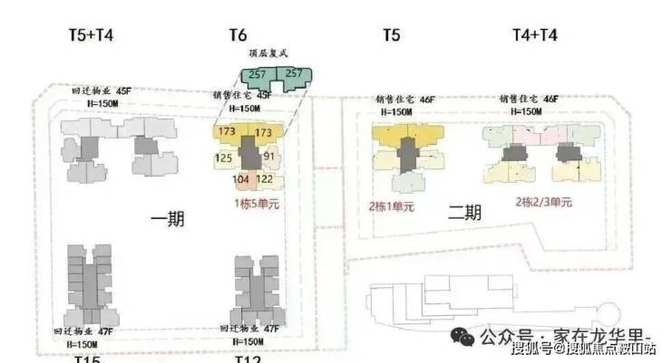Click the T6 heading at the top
tap(238, 35)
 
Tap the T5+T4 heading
tap(92, 35)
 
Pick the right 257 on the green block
tap(294, 73)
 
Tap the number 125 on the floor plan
tap(223, 159)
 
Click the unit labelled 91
tap(268, 157)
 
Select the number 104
tap(240, 179)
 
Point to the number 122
tap(265, 179)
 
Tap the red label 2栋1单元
tap(391, 206)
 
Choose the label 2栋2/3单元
tap(544, 202)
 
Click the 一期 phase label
tap(169, 220)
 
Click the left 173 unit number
tap(227, 133)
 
